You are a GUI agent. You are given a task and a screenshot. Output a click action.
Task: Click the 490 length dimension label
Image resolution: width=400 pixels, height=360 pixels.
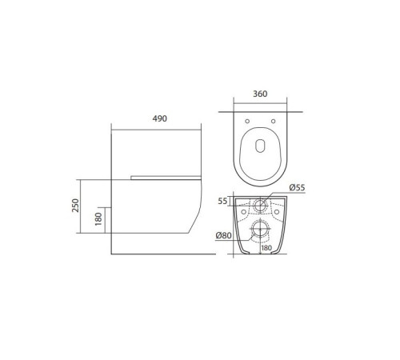coord(159,118)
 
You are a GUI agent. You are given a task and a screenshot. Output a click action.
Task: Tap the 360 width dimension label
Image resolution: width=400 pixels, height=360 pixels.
coord(259,94)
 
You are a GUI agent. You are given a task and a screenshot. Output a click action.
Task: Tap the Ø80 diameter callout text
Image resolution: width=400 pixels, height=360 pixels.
coord(224,235)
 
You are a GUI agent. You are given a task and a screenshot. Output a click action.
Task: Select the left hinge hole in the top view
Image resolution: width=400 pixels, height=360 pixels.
coord(248,121)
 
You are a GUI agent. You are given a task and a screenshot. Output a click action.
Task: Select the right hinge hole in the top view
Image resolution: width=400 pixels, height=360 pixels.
coord(273,121)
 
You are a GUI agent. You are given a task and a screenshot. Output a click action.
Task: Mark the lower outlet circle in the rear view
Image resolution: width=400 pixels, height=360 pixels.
coord(260,232)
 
